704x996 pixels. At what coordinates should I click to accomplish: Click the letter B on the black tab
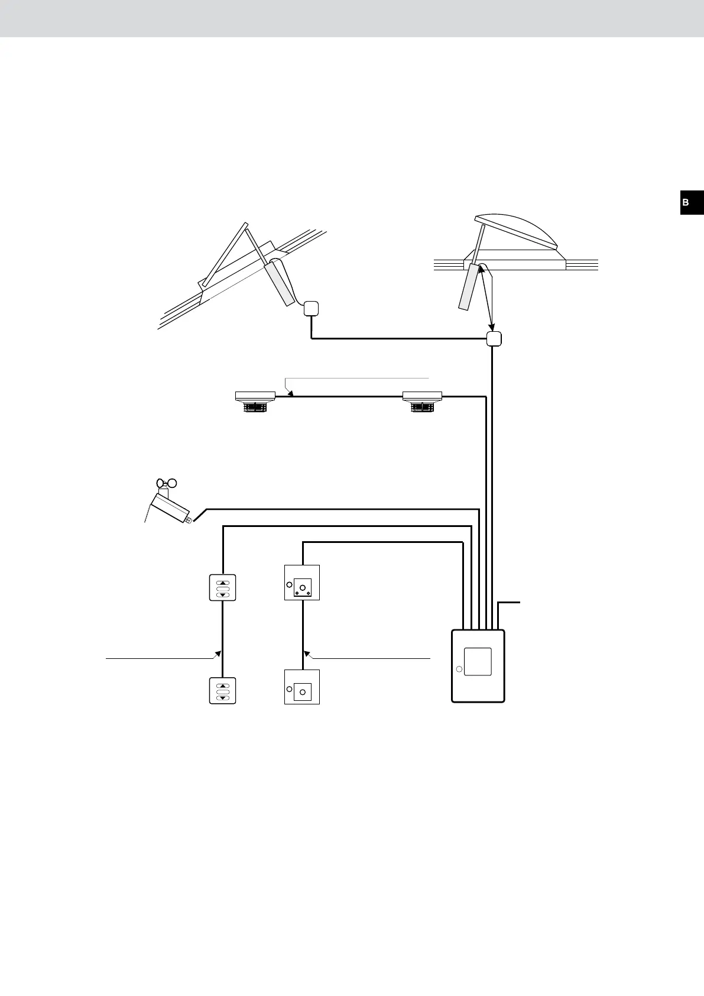point(686,202)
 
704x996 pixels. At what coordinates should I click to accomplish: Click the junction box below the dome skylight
point(494,339)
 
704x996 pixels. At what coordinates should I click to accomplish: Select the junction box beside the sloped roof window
point(311,308)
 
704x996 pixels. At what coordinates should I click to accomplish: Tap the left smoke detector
point(255,400)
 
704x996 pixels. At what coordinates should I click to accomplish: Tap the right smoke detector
point(422,400)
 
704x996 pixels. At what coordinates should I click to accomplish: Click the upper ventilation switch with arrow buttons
point(223,588)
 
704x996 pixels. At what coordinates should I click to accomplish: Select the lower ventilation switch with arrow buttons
point(223,691)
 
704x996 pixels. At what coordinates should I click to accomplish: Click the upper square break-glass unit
point(302,583)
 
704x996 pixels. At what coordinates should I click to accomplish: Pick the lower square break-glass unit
point(302,687)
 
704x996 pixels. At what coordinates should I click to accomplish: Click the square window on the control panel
point(478,662)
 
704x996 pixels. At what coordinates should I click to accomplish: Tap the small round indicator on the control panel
point(459,670)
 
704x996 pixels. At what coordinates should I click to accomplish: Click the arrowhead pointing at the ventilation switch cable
point(218,654)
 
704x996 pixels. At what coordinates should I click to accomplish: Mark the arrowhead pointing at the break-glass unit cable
point(307,654)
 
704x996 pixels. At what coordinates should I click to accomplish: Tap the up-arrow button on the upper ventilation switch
point(223,582)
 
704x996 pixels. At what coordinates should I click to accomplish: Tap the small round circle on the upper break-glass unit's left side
point(289,585)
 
